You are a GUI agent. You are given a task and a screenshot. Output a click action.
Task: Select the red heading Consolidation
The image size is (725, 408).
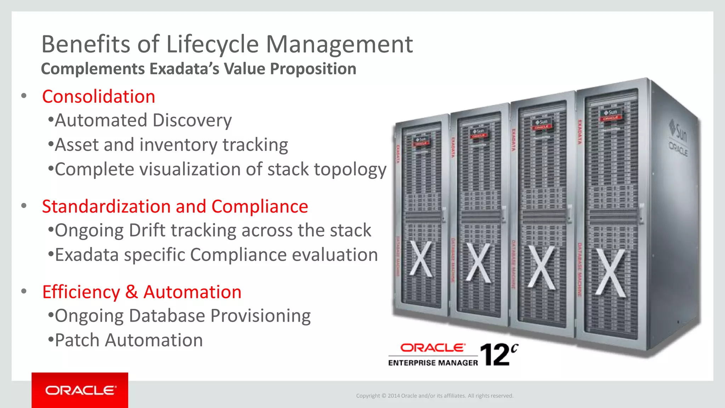point(98,97)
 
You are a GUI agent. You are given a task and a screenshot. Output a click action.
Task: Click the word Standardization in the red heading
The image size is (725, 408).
point(106,206)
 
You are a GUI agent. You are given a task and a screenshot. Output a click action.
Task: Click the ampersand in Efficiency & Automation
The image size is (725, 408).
point(131,292)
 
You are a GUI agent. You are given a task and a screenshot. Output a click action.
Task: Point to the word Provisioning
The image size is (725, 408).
point(260,316)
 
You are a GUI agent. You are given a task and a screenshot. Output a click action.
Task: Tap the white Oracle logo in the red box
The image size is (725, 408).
point(80,390)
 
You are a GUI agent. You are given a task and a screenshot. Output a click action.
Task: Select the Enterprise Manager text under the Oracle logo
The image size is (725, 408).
point(433,363)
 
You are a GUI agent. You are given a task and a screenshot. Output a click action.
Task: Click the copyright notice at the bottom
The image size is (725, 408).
point(434,396)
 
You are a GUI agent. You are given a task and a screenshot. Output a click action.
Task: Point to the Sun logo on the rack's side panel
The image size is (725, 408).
point(678,131)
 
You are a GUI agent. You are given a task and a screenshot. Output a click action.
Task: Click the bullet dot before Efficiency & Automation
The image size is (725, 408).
point(24,291)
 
